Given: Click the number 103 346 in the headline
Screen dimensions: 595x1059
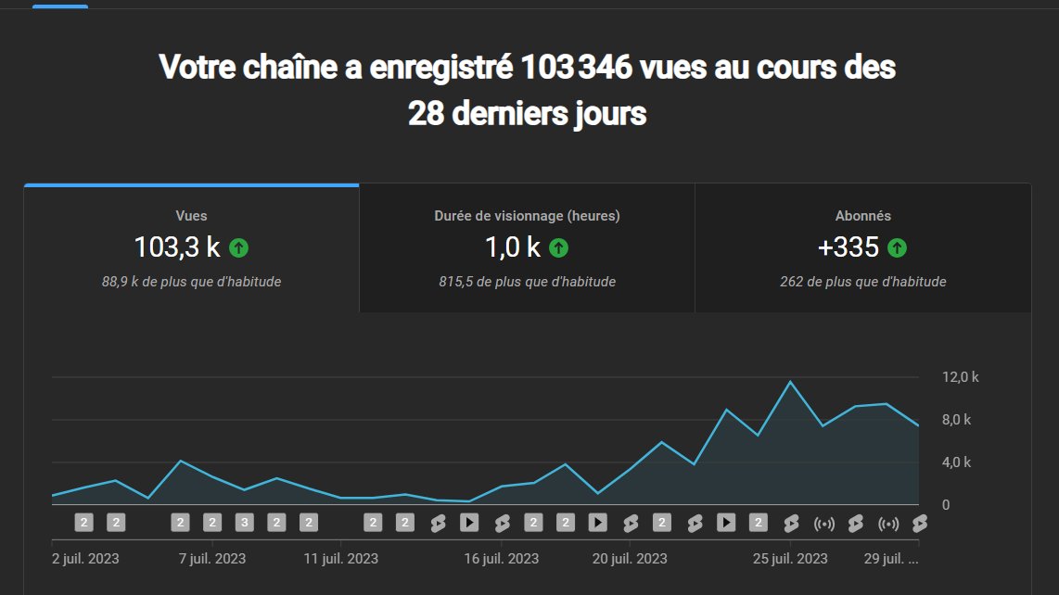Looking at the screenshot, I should tap(579, 68).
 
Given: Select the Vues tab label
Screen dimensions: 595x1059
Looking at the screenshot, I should tap(191, 216).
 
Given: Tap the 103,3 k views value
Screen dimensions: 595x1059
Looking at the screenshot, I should tap(177, 247).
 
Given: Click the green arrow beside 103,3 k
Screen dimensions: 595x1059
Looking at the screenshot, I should tap(239, 247).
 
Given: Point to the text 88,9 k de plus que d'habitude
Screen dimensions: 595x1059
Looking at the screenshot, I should tap(191, 282).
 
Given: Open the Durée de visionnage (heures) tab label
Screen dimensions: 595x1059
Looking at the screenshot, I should tap(527, 216).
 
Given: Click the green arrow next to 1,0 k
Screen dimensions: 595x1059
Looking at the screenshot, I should tap(558, 247).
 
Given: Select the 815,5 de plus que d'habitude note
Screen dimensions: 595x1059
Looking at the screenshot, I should tap(527, 282).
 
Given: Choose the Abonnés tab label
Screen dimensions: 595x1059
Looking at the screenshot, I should tap(862, 216).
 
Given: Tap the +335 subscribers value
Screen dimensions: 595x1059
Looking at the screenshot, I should tap(848, 247).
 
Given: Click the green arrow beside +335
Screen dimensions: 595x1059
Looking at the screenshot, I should tap(897, 247).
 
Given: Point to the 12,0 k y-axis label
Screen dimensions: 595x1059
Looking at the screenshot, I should tap(961, 377).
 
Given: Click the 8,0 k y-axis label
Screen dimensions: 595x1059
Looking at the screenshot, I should tap(956, 420).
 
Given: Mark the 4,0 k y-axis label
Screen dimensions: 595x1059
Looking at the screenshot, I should tap(956, 462).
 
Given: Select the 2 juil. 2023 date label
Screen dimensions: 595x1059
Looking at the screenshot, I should tap(85, 559).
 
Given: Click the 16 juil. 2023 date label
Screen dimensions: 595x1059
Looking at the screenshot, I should tap(501, 559).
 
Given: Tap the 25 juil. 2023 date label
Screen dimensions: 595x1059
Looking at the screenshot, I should tap(790, 559).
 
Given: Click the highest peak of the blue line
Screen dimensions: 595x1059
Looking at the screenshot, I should tap(790, 382).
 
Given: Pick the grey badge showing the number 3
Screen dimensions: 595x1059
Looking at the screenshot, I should tap(244, 523).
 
